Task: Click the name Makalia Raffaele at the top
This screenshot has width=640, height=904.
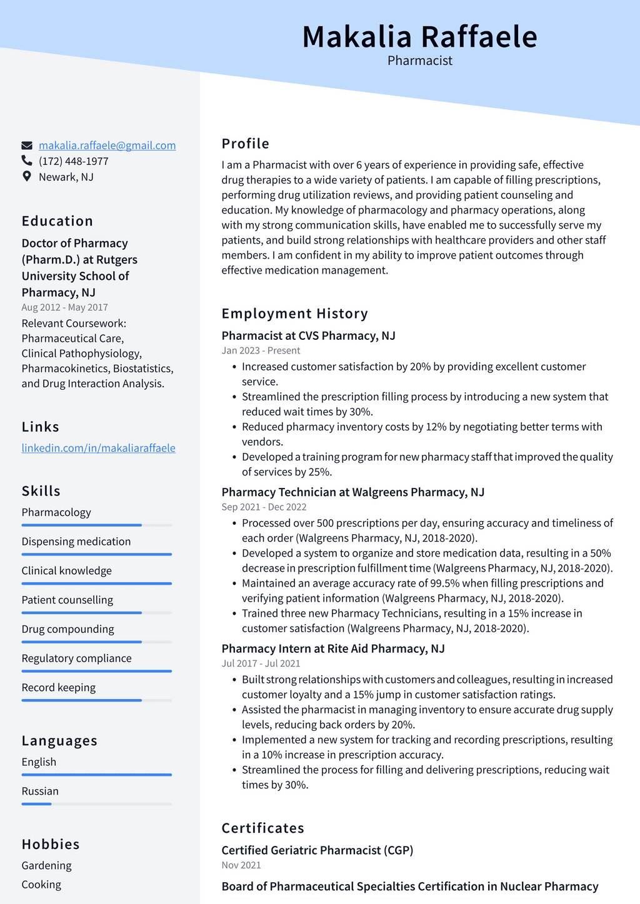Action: [x=419, y=37]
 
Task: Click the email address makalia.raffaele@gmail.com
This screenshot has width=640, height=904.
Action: [x=107, y=146]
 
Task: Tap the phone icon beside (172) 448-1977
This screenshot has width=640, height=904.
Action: [x=27, y=161]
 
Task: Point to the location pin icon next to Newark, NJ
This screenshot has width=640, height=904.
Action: [x=27, y=177]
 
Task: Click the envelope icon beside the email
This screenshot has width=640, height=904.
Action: [x=27, y=146]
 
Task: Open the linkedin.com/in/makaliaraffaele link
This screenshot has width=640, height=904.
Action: [x=98, y=448]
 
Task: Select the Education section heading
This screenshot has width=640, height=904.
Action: [x=57, y=221]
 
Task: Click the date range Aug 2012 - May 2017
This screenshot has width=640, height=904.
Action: [x=64, y=307]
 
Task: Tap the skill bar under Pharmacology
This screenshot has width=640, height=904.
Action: [x=96, y=525]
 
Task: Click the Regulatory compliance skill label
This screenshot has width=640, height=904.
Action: [x=76, y=658]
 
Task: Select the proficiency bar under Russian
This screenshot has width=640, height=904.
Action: [x=96, y=804]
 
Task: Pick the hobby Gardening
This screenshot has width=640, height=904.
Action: [x=46, y=865]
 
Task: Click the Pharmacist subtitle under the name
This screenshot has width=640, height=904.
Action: [x=419, y=61]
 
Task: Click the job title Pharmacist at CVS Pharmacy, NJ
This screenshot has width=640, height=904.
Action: [x=308, y=335]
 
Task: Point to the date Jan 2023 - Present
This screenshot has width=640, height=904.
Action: [x=261, y=350]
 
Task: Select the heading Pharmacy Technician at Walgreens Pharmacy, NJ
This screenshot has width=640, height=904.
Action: [x=352, y=492]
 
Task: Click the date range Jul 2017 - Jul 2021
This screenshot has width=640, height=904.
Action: [x=261, y=663]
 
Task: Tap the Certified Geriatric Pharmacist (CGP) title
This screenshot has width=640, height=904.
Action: [x=317, y=850]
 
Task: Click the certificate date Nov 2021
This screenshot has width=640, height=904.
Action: [x=241, y=865]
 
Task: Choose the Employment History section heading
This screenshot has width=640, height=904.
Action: [x=294, y=314]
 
